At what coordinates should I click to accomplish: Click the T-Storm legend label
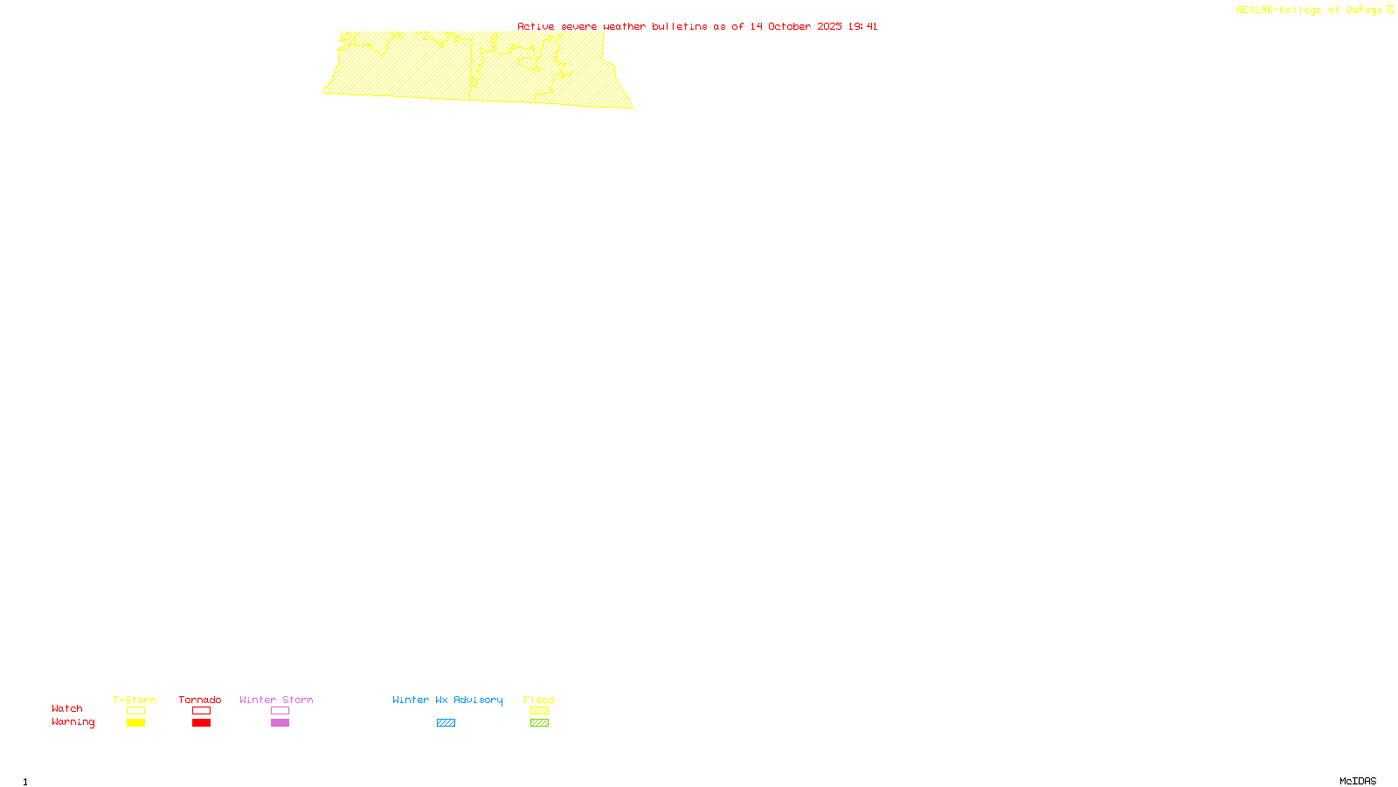tap(135, 700)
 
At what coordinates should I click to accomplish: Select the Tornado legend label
tap(200, 700)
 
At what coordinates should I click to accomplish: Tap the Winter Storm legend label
tap(276, 700)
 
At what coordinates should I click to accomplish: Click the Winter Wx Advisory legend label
tap(447, 700)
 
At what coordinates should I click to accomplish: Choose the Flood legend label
tap(539, 700)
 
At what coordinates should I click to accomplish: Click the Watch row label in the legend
tap(67, 708)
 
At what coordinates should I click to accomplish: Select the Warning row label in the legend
tap(73, 722)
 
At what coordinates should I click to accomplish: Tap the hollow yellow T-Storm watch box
tap(135, 711)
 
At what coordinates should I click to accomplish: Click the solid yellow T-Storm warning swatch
tap(135, 723)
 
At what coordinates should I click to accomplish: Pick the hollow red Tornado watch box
tap(201, 711)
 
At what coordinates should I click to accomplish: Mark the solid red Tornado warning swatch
tap(201, 723)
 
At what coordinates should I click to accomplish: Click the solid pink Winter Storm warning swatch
tap(280, 723)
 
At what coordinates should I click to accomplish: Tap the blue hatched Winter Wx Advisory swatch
tap(446, 723)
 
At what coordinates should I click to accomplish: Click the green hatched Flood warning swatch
tap(539, 723)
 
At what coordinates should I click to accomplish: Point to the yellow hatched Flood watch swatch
tap(539, 711)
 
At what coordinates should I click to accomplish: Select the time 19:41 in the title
tap(862, 26)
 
